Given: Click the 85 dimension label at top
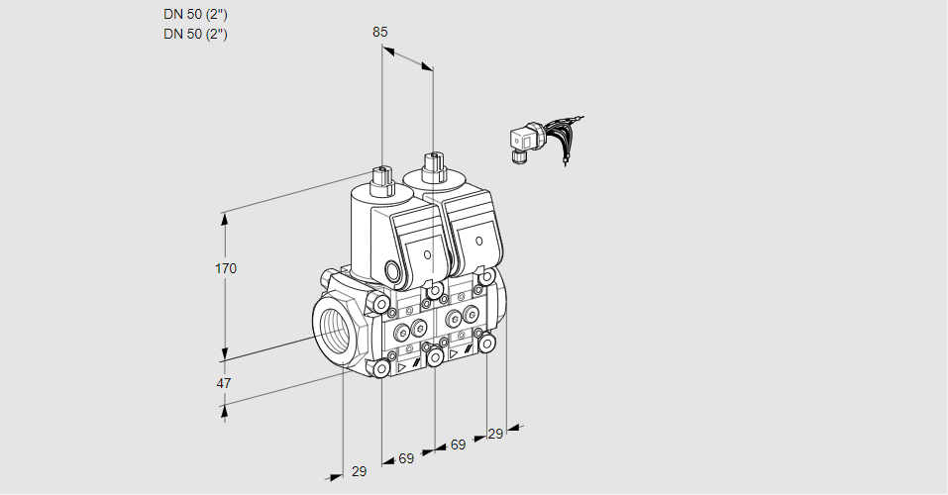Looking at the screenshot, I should (x=380, y=32).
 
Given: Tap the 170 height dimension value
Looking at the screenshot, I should (x=226, y=268).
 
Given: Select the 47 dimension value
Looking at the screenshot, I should (x=225, y=383).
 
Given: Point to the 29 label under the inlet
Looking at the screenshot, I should (x=359, y=471).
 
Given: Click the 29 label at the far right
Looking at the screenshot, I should (x=495, y=434).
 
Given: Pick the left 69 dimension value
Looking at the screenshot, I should (x=406, y=458).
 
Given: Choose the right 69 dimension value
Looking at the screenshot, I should (x=458, y=445).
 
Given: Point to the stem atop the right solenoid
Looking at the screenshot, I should (x=432, y=164).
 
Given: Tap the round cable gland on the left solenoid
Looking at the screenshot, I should (x=393, y=270).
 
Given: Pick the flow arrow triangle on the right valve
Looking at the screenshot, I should (x=455, y=352).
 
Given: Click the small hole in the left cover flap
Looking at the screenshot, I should (x=428, y=254).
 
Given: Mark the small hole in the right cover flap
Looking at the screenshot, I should (x=478, y=241).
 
